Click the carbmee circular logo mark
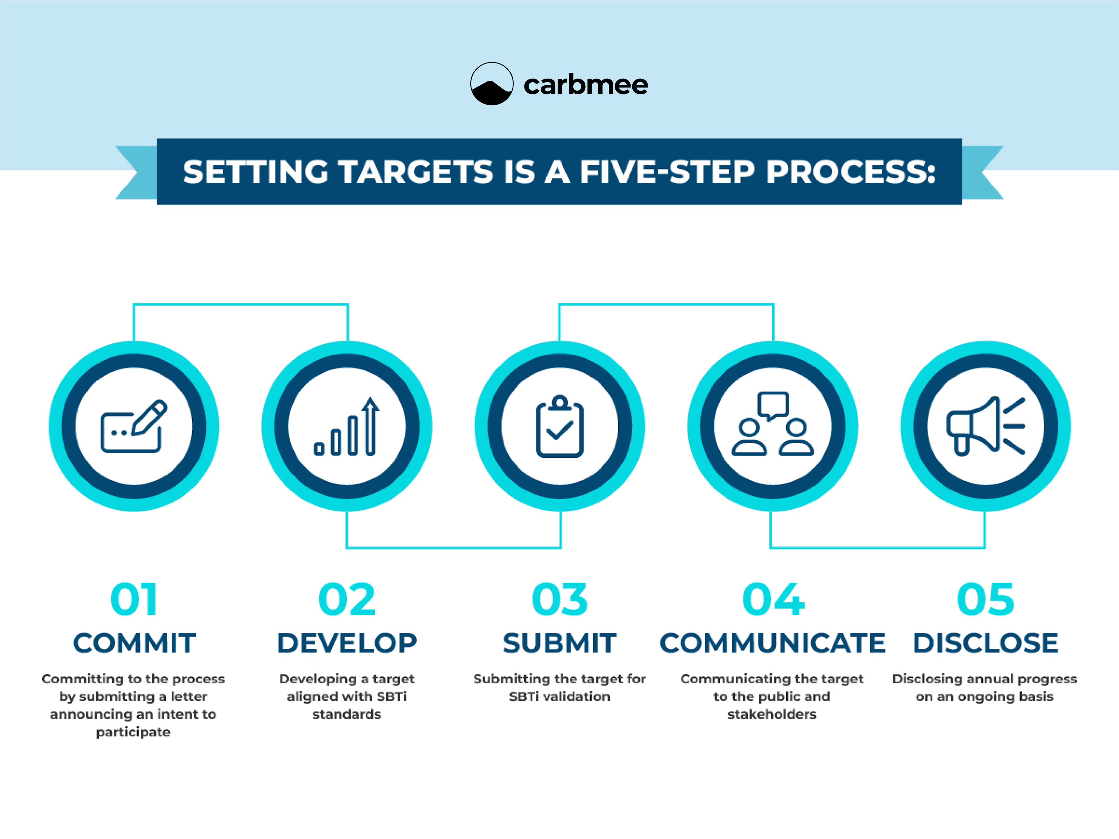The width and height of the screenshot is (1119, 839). [491, 84]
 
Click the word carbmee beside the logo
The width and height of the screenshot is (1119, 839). [585, 85]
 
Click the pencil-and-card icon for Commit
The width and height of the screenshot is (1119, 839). [133, 426]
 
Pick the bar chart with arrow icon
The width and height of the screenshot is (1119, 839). [347, 426]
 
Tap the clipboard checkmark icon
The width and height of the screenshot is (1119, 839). [559, 426]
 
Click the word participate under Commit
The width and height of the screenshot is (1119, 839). [133, 732]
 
